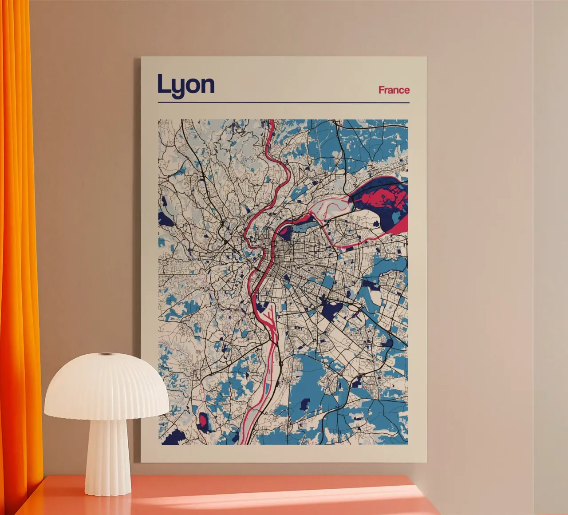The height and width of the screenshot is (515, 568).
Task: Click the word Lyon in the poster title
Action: (x=186, y=85)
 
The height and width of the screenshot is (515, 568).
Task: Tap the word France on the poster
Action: (x=394, y=90)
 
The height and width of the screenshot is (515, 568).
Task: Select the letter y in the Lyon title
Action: (x=176, y=87)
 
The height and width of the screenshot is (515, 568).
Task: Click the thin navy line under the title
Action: (x=283, y=103)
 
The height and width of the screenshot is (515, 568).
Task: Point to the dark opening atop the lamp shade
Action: (x=105, y=354)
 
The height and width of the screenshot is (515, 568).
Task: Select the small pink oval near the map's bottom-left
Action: (x=204, y=421)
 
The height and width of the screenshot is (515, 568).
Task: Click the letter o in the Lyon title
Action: (x=192, y=86)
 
